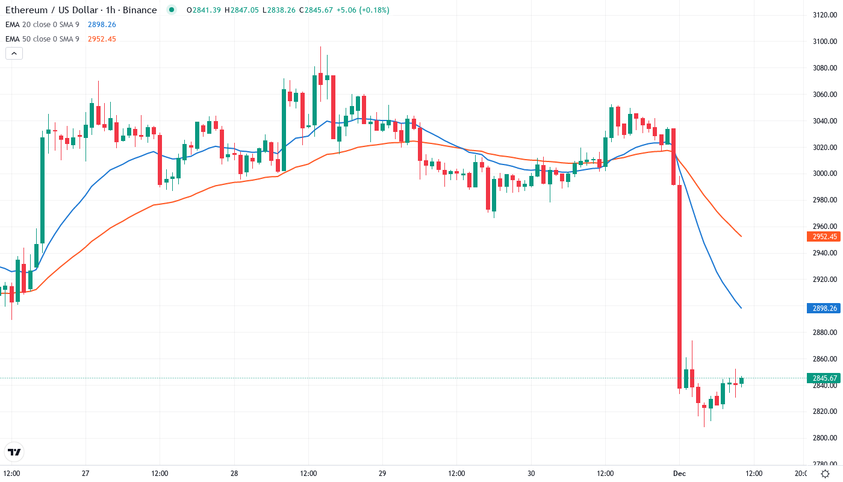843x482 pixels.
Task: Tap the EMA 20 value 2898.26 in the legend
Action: pyautogui.click(x=102, y=25)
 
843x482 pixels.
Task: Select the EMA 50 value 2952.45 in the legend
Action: pyautogui.click(x=102, y=39)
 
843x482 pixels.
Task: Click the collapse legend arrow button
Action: pyautogui.click(x=14, y=53)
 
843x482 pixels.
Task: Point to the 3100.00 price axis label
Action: pyautogui.click(x=824, y=42)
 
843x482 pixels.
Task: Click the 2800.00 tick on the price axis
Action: pyautogui.click(x=824, y=438)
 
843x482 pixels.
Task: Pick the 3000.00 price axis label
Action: pyautogui.click(x=824, y=174)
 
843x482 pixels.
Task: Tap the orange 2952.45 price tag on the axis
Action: pyautogui.click(x=824, y=237)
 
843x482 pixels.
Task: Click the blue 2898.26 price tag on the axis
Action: pyautogui.click(x=824, y=308)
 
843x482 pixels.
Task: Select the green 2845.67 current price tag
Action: pyautogui.click(x=824, y=378)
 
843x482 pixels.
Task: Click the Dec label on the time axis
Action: pyautogui.click(x=679, y=473)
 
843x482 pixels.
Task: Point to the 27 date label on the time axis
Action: pyautogui.click(x=86, y=473)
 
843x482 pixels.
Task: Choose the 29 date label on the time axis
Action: pyautogui.click(x=382, y=473)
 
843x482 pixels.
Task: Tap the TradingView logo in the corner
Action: pyautogui.click(x=14, y=452)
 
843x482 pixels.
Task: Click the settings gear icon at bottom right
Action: pyautogui.click(x=825, y=474)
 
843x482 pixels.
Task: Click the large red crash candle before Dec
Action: pyautogui.click(x=679, y=286)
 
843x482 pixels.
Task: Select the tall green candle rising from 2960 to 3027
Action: pyautogui.click(x=42, y=190)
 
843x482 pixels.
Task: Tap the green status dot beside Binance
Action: pyautogui.click(x=172, y=10)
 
